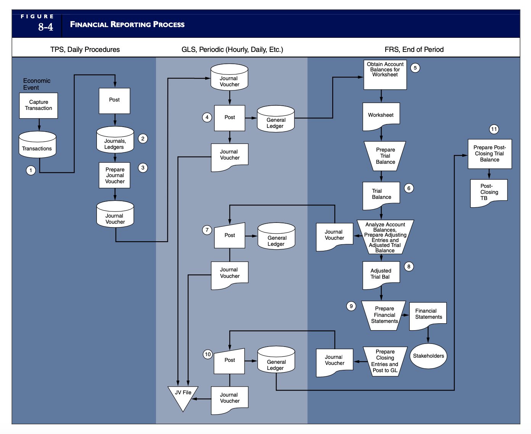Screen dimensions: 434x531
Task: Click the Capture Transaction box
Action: click(x=39, y=105)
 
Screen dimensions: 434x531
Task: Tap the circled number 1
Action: click(x=31, y=170)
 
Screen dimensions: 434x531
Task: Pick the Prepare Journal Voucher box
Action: click(x=115, y=175)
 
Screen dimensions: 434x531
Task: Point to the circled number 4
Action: click(x=207, y=117)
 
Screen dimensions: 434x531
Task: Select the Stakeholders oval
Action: click(x=428, y=356)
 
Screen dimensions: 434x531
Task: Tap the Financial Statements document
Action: click(x=428, y=315)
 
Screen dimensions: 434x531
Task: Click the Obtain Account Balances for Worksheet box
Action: click(x=385, y=75)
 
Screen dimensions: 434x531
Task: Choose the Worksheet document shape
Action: click(x=381, y=116)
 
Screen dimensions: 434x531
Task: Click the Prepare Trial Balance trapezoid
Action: click(x=385, y=156)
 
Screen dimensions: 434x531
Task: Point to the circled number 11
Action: click(x=494, y=129)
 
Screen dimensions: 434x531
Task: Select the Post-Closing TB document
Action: click(x=489, y=192)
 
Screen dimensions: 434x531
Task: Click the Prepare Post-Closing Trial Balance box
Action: click(x=489, y=153)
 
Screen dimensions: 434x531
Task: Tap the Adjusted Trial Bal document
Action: click(x=381, y=274)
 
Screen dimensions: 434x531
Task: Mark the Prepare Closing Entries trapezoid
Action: click(x=385, y=361)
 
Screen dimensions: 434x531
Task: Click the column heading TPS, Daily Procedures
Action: click(x=85, y=49)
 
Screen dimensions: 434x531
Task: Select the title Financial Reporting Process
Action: click(x=127, y=24)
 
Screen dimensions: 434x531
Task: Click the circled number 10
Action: click(x=208, y=354)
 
